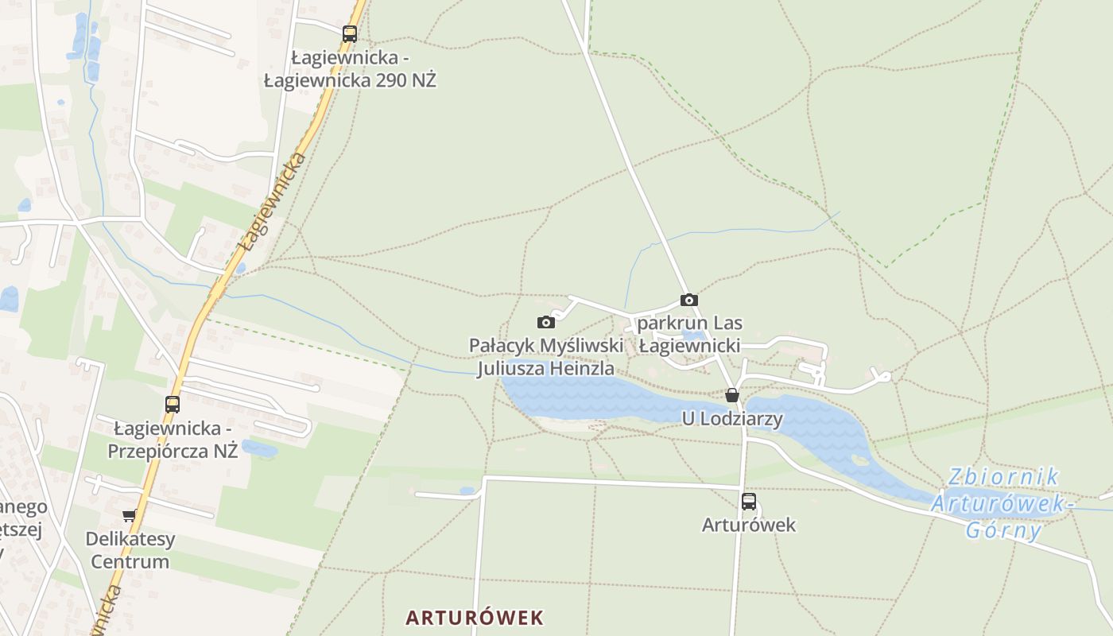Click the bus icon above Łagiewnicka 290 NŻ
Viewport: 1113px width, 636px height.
[350, 34]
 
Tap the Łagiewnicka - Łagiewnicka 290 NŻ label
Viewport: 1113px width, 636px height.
[350, 69]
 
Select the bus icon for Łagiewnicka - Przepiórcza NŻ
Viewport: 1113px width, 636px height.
[173, 404]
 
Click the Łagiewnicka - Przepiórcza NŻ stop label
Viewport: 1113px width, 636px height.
[175, 440]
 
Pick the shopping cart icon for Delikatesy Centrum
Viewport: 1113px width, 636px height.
[130, 516]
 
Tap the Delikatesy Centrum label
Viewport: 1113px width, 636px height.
[130, 550]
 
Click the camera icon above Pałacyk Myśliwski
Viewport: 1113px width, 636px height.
[546, 322]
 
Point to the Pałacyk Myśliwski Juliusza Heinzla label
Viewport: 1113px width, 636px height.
[545, 357]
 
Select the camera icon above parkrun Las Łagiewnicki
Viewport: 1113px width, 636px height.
[689, 300]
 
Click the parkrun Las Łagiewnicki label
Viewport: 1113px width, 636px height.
[690, 335]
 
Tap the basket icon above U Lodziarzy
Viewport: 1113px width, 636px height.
[732, 395]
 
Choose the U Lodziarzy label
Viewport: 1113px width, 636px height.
[732, 418]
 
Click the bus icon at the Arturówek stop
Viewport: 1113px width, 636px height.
[749, 501]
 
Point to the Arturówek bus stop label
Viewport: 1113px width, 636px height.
[749, 525]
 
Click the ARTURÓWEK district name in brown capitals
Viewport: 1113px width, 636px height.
[475, 617]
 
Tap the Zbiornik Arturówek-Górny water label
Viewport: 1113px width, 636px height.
[1003, 503]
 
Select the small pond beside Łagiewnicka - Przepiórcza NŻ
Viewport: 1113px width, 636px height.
[259, 448]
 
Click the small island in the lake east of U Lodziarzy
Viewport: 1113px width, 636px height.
[860, 460]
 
